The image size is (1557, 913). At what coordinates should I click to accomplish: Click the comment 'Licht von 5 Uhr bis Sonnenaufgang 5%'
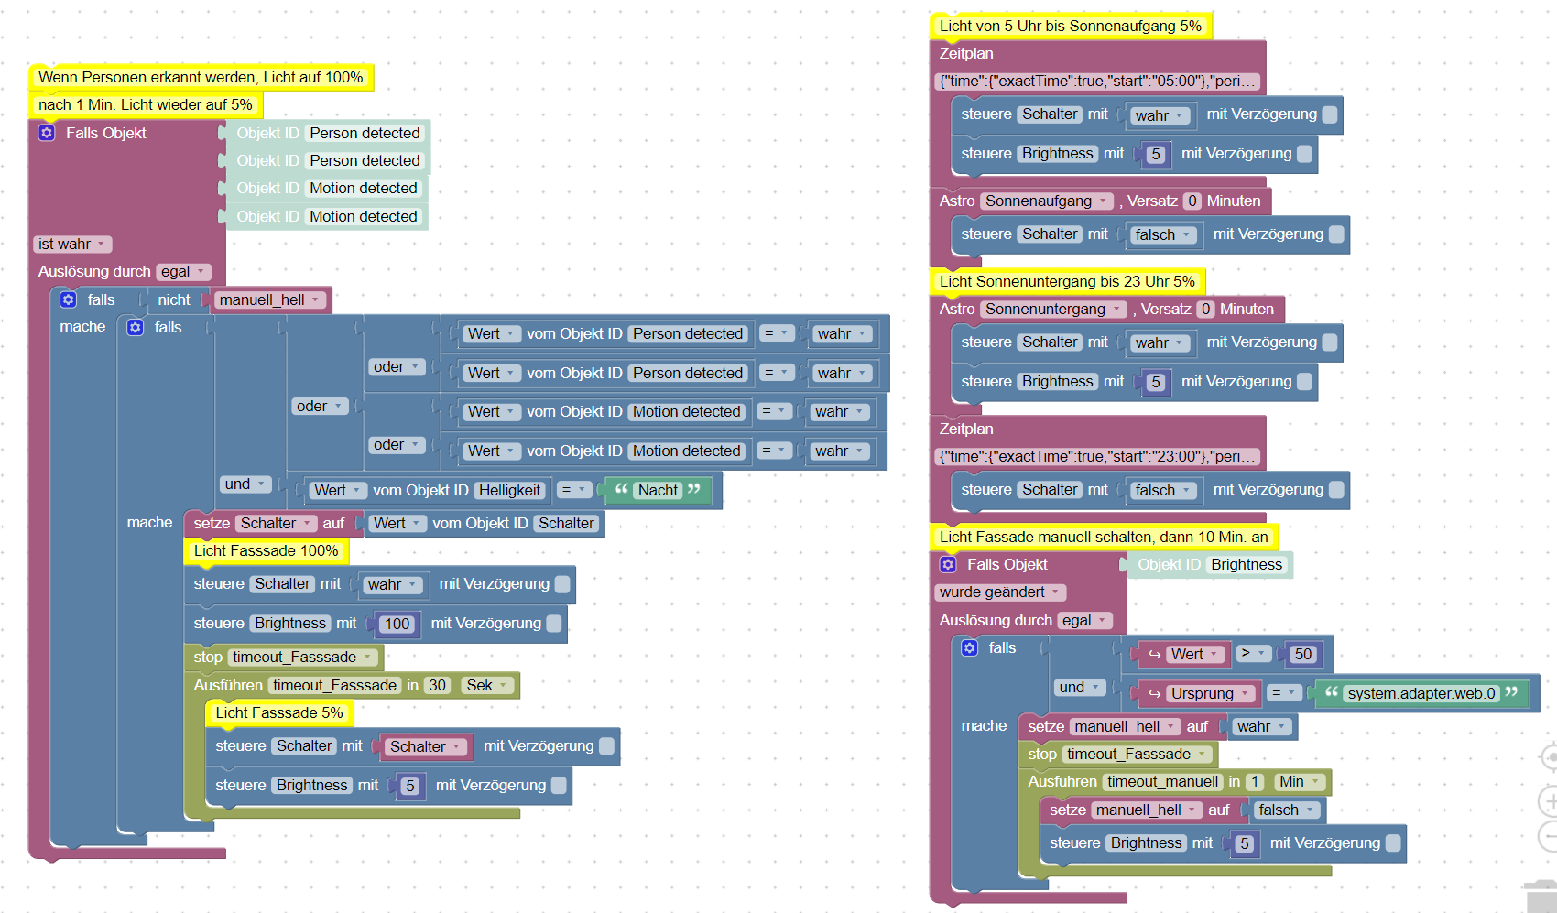tap(1070, 26)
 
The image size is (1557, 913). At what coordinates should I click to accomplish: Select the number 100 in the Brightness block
tap(397, 624)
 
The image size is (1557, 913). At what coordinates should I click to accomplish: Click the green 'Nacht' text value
tap(658, 490)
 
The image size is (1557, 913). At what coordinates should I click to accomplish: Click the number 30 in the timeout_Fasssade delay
tap(437, 685)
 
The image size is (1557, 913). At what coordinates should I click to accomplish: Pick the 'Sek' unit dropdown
tap(485, 685)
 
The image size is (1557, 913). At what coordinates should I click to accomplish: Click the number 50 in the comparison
tap(1302, 654)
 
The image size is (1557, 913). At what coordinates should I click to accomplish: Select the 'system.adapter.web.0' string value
tap(1421, 693)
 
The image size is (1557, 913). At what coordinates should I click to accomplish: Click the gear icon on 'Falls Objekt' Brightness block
tap(948, 564)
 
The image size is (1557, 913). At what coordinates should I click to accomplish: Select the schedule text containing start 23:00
tap(1097, 456)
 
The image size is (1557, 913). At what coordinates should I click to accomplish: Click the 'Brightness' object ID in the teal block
tap(1246, 564)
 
